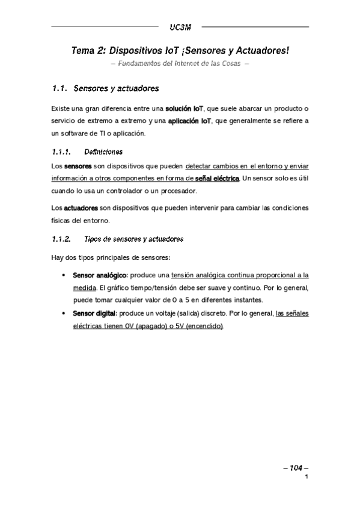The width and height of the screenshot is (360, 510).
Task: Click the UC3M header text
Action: [x=179, y=26]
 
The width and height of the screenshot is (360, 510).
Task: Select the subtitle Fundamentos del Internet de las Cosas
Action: [x=179, y=64]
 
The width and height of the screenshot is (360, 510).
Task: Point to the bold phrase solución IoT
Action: [x=185, y=109]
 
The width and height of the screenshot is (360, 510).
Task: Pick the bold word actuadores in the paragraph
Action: [x=81, y=207]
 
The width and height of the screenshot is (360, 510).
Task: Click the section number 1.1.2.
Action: [x=62, y=239]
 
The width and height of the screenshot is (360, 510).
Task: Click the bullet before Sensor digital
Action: [x=64, y=314]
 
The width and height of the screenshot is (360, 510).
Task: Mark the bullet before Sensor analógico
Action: [x=64, y=275]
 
